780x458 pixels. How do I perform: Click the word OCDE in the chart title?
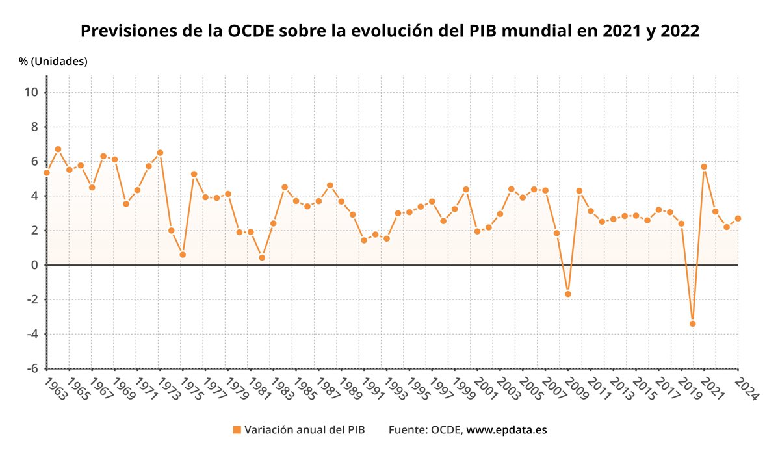(x=252, y=31)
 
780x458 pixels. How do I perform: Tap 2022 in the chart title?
(x=680, y=31)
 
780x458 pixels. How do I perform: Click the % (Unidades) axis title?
(x=53, y=61)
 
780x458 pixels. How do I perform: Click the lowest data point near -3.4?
(x=693, y=324)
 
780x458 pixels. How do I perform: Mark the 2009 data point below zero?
(x=567, y=294)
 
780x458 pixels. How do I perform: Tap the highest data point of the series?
(x=58, y=149)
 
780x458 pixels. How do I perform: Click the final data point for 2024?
(x=738, y=218)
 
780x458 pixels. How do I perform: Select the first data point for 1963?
(x=47, y=172)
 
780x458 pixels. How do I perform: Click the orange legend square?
(x=237, y=429)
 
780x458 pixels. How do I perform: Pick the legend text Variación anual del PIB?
(x=304, y=430)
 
